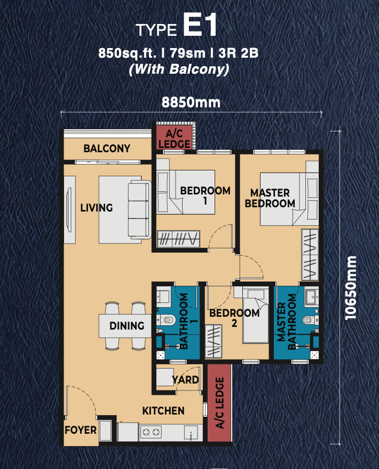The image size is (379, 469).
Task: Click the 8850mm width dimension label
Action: click(x=191, y=103)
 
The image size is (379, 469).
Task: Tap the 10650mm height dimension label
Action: click(x=351, y=288)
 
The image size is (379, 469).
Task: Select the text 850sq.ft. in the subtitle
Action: click(x=128, y=53)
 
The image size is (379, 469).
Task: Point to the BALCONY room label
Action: click(x=107, y=148)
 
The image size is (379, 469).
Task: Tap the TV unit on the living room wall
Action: click(x=69, y=209)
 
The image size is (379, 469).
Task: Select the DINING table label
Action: click(x=127, y=326)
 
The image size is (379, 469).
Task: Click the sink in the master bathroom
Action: click(x=312, y=297)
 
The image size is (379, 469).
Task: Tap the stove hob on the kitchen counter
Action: click(x=151, y=432)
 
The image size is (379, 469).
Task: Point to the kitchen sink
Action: click(x=191, y=433)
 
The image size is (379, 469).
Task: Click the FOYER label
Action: click(x=81, y=430)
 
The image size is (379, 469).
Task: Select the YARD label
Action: click(x=185, y=380)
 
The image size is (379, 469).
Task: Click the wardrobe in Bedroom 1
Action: click(x=178, y=239)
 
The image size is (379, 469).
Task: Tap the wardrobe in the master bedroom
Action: click(x=310, y=255)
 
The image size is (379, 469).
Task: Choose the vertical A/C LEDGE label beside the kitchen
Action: click(x=220, y=403)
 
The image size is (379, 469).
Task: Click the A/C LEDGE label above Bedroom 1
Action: click(x=174, y=139)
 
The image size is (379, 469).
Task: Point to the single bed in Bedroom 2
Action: click(x=256, y=315)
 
